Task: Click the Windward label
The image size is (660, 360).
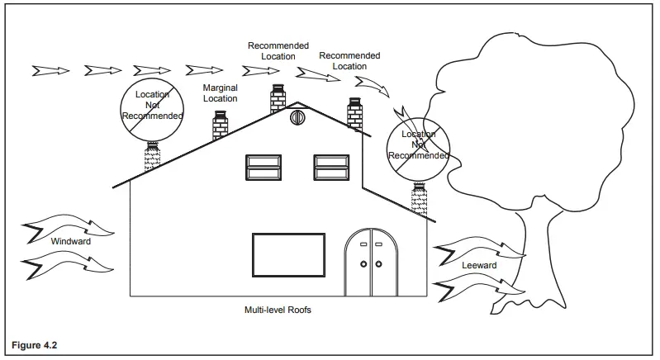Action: pos(71,241)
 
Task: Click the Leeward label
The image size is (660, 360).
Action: pos(479,265)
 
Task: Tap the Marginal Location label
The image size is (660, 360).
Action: pos(221,93)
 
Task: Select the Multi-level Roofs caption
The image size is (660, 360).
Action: pos(278,310)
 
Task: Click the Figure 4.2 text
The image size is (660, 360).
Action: pos(35,345)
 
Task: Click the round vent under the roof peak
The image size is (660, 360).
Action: pos(297,118)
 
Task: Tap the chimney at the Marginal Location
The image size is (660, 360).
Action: pos(221,125)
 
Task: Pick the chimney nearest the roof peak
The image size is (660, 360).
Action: pos(278,98)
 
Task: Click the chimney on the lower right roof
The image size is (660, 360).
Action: pos(420,199)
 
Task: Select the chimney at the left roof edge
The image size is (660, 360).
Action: pos(152,156)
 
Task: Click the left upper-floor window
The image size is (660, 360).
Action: pos(264,168)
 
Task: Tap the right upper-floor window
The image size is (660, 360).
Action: pos(332,168)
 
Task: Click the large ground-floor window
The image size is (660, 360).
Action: pos(289,255)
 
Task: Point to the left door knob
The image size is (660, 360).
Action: pos(363,264)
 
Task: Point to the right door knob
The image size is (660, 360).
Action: pos(379,264)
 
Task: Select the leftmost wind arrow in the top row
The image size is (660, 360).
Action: pos(51,71)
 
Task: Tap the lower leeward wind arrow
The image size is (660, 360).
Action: pos(480,287)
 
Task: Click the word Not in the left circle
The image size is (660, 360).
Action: pos(152,105)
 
